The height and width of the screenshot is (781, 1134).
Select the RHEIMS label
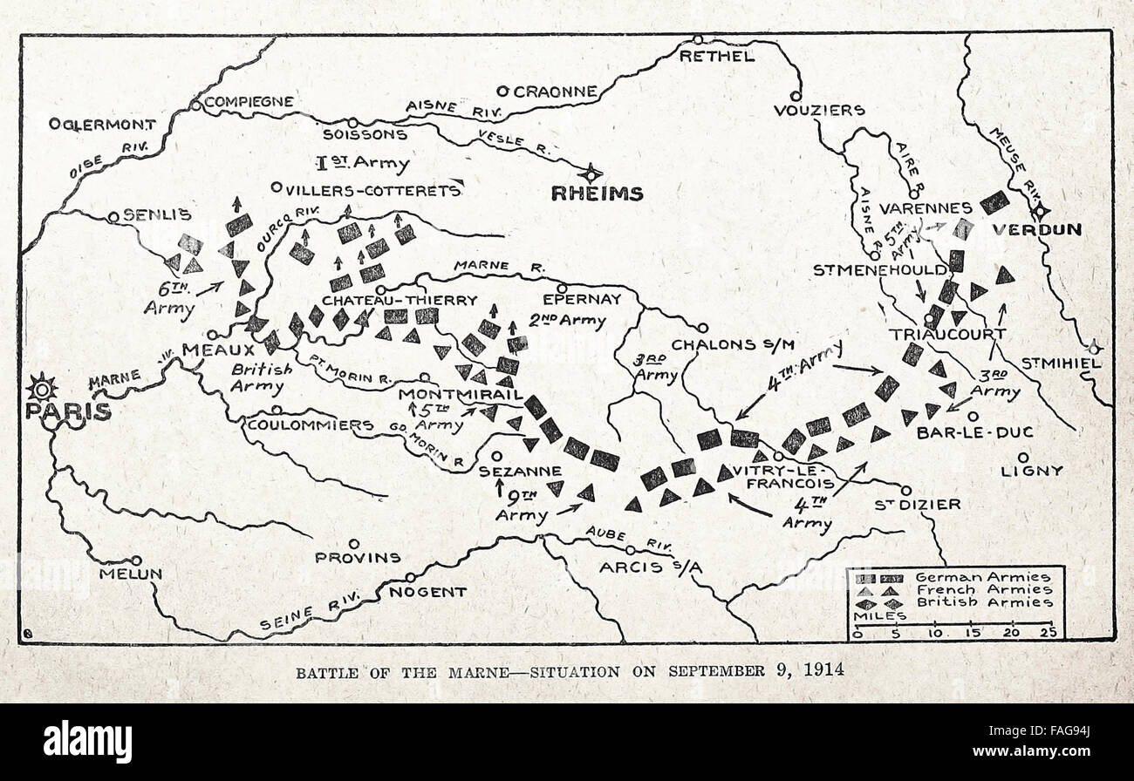pos(597,194)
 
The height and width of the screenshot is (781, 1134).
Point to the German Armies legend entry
pos(983,577)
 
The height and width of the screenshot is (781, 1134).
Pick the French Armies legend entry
pos(983,589)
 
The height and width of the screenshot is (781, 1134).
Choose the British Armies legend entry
pos(983,601)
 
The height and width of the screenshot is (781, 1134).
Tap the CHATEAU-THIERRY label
pos(400,300)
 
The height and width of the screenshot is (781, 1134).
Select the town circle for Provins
pos(353,542)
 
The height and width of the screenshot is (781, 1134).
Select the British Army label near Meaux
pos(261,377)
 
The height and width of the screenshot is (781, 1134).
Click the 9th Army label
pos(523,506)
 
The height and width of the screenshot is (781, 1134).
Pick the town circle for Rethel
pos(698,39)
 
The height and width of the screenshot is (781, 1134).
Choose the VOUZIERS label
pos(819,111)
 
